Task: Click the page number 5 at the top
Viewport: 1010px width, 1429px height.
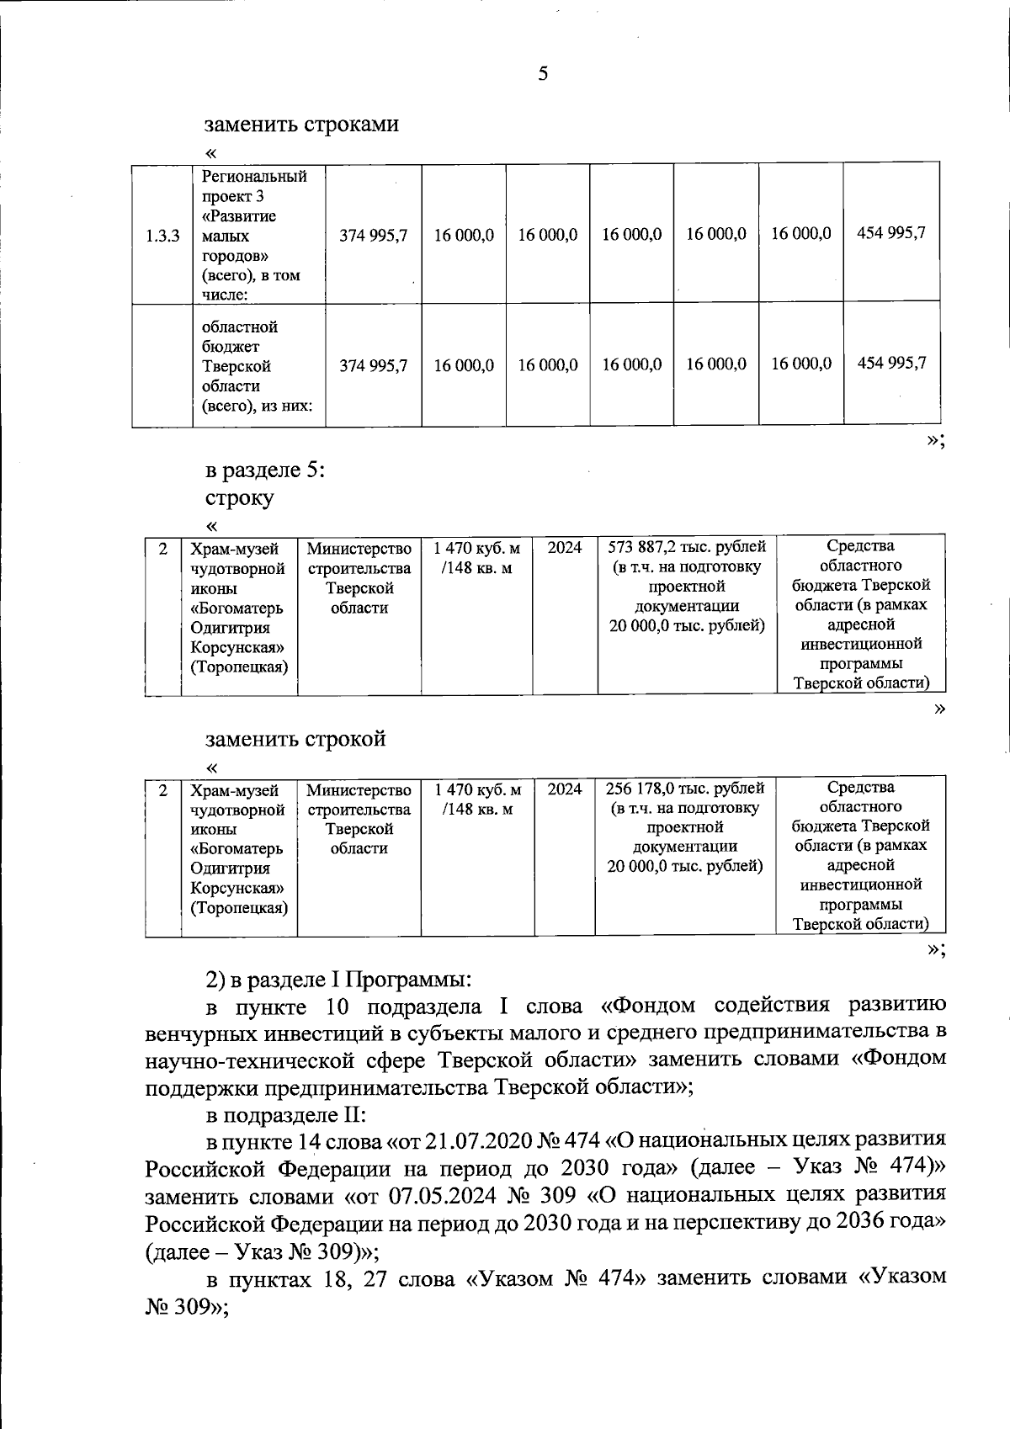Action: [543, 74]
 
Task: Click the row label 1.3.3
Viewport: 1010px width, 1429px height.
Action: [162, 236]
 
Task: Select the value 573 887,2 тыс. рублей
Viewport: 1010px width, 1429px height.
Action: [686, 548]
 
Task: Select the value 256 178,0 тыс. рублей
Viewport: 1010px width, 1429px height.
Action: [685, 789]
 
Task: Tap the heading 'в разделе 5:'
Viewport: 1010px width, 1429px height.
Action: [266, 469]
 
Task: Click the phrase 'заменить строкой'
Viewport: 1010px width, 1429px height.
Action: [295, 739]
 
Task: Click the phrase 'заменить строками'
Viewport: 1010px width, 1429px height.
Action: [302, 125]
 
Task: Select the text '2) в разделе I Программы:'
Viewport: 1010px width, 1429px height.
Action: [338, 980]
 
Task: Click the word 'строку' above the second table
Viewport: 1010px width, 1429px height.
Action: [240, 497]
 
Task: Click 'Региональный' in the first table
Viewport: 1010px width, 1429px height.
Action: [254, 177]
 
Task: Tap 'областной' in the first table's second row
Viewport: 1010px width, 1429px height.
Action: [240, 327]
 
